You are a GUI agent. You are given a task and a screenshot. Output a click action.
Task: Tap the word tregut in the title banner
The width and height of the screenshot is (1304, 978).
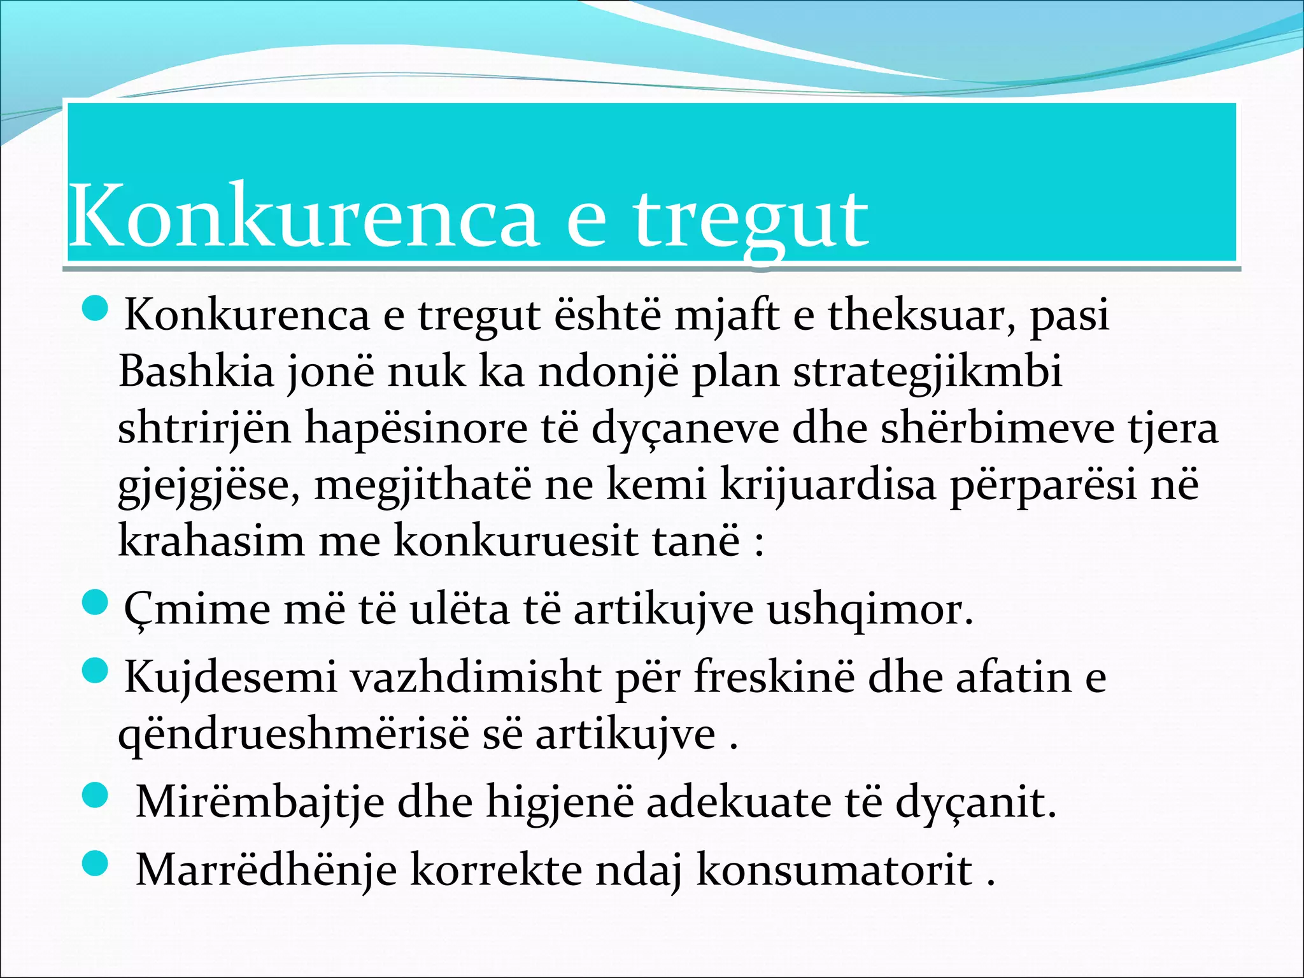[x=751, y=220]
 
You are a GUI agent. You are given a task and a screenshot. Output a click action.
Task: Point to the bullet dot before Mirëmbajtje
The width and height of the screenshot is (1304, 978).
[x=96, y=795]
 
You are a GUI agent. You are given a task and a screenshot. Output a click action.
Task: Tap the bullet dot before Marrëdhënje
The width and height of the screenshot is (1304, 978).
[x=96, y=864]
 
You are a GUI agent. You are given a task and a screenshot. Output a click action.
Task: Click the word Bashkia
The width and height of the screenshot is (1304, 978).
[x=196, y=371]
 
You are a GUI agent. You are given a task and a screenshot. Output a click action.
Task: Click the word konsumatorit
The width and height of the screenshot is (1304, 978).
[x=834, y=870]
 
